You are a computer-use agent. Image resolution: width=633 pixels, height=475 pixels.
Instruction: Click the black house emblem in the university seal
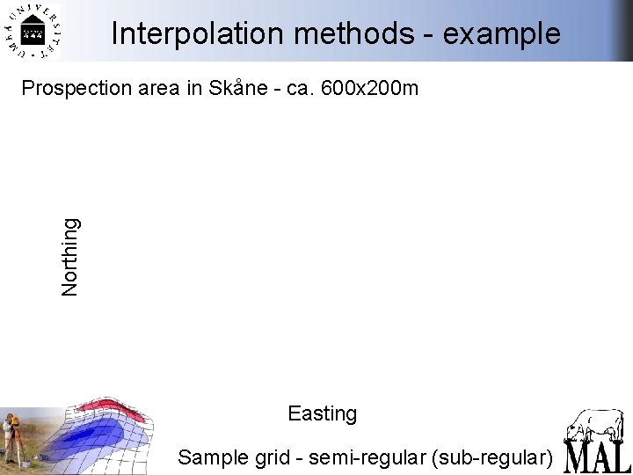pyautogui.click(x=33, y=33)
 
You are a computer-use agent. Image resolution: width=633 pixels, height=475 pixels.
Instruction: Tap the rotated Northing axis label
pyautogui.click(x=71, y=256)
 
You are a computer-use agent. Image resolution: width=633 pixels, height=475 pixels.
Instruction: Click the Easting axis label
pyautogui.click(x=322, y=413)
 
